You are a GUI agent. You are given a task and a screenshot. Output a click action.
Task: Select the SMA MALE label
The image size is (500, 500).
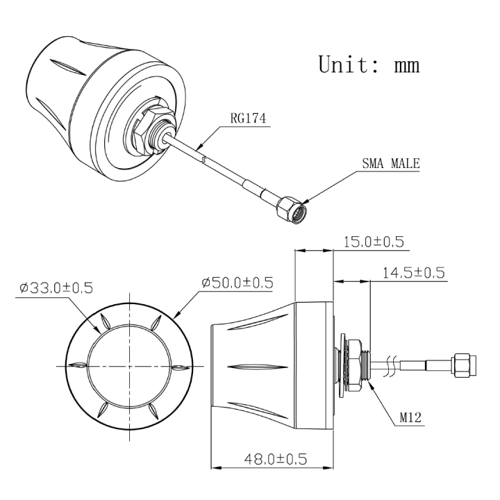(391, 165)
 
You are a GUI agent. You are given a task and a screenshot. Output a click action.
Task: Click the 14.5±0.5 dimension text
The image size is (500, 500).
(414, 272)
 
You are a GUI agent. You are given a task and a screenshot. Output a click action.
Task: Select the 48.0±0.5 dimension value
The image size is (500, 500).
(276, 458)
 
